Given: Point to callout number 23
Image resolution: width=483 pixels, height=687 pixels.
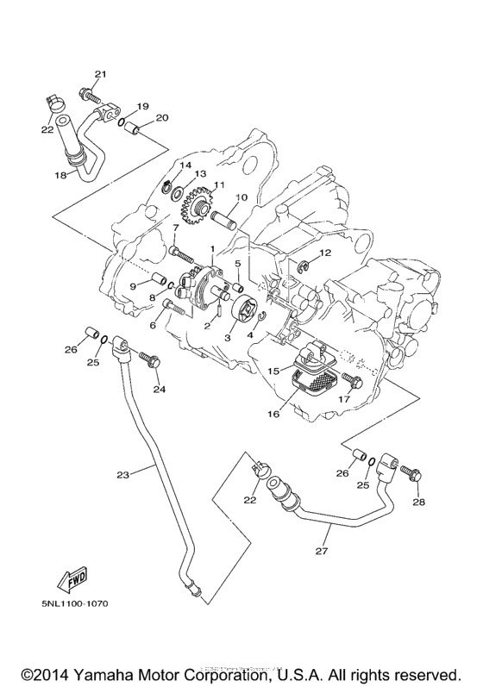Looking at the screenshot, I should coord(122,474).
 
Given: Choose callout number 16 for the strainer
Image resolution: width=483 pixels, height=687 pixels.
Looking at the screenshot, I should coord(273,414).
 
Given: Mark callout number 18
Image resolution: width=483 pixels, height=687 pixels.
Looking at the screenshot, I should coord(60,175).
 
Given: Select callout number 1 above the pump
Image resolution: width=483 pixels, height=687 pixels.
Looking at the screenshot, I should coord(211,248).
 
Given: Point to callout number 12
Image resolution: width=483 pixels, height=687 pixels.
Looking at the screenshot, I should coord(325,253).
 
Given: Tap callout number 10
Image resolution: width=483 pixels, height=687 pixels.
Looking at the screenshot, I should coord(242,197).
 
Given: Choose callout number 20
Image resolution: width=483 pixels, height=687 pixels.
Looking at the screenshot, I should coord(162,118).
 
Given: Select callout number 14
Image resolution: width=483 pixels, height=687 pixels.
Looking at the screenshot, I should coord(185,165).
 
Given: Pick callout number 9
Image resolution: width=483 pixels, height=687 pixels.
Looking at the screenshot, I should coord(135,284).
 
